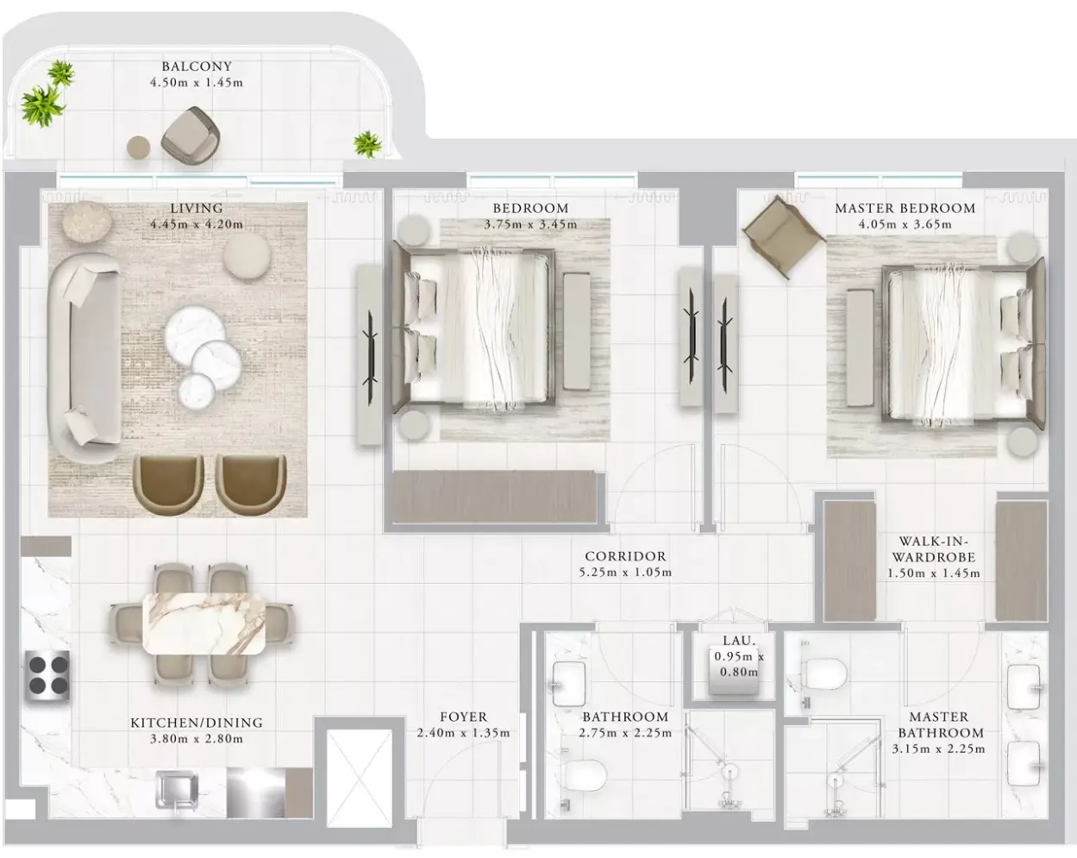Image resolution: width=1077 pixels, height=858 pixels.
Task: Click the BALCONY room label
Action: [x=197, y=66]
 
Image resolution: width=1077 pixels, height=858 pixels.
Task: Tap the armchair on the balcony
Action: [x=191, y=135]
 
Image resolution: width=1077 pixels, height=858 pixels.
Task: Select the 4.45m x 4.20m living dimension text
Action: [x=197, y=223]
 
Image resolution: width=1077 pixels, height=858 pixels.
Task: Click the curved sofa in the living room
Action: [x=84, y=357]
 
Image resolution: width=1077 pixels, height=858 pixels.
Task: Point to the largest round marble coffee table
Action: [x=195, y=332]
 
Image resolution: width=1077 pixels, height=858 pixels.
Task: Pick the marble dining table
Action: [x=204, y=623]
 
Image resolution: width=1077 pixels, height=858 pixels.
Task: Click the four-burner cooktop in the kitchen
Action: [x=48, y=675]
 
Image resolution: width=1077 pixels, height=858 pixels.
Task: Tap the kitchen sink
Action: [x=177, y=791]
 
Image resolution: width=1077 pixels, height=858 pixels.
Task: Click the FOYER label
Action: [x=463, y=717]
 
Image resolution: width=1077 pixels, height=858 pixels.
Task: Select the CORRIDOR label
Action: [x=625, y=556]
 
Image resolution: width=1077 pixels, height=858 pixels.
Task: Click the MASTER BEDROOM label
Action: [x=905, y=208]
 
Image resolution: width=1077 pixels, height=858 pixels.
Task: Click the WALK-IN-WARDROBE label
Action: [x=933, y=549]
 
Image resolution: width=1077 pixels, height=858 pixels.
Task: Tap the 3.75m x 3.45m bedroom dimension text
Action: [x=530, y=224]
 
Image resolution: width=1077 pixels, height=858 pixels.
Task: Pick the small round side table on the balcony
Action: [x=139, y=147]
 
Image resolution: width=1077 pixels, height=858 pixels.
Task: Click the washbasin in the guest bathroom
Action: [x=569, y=685]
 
